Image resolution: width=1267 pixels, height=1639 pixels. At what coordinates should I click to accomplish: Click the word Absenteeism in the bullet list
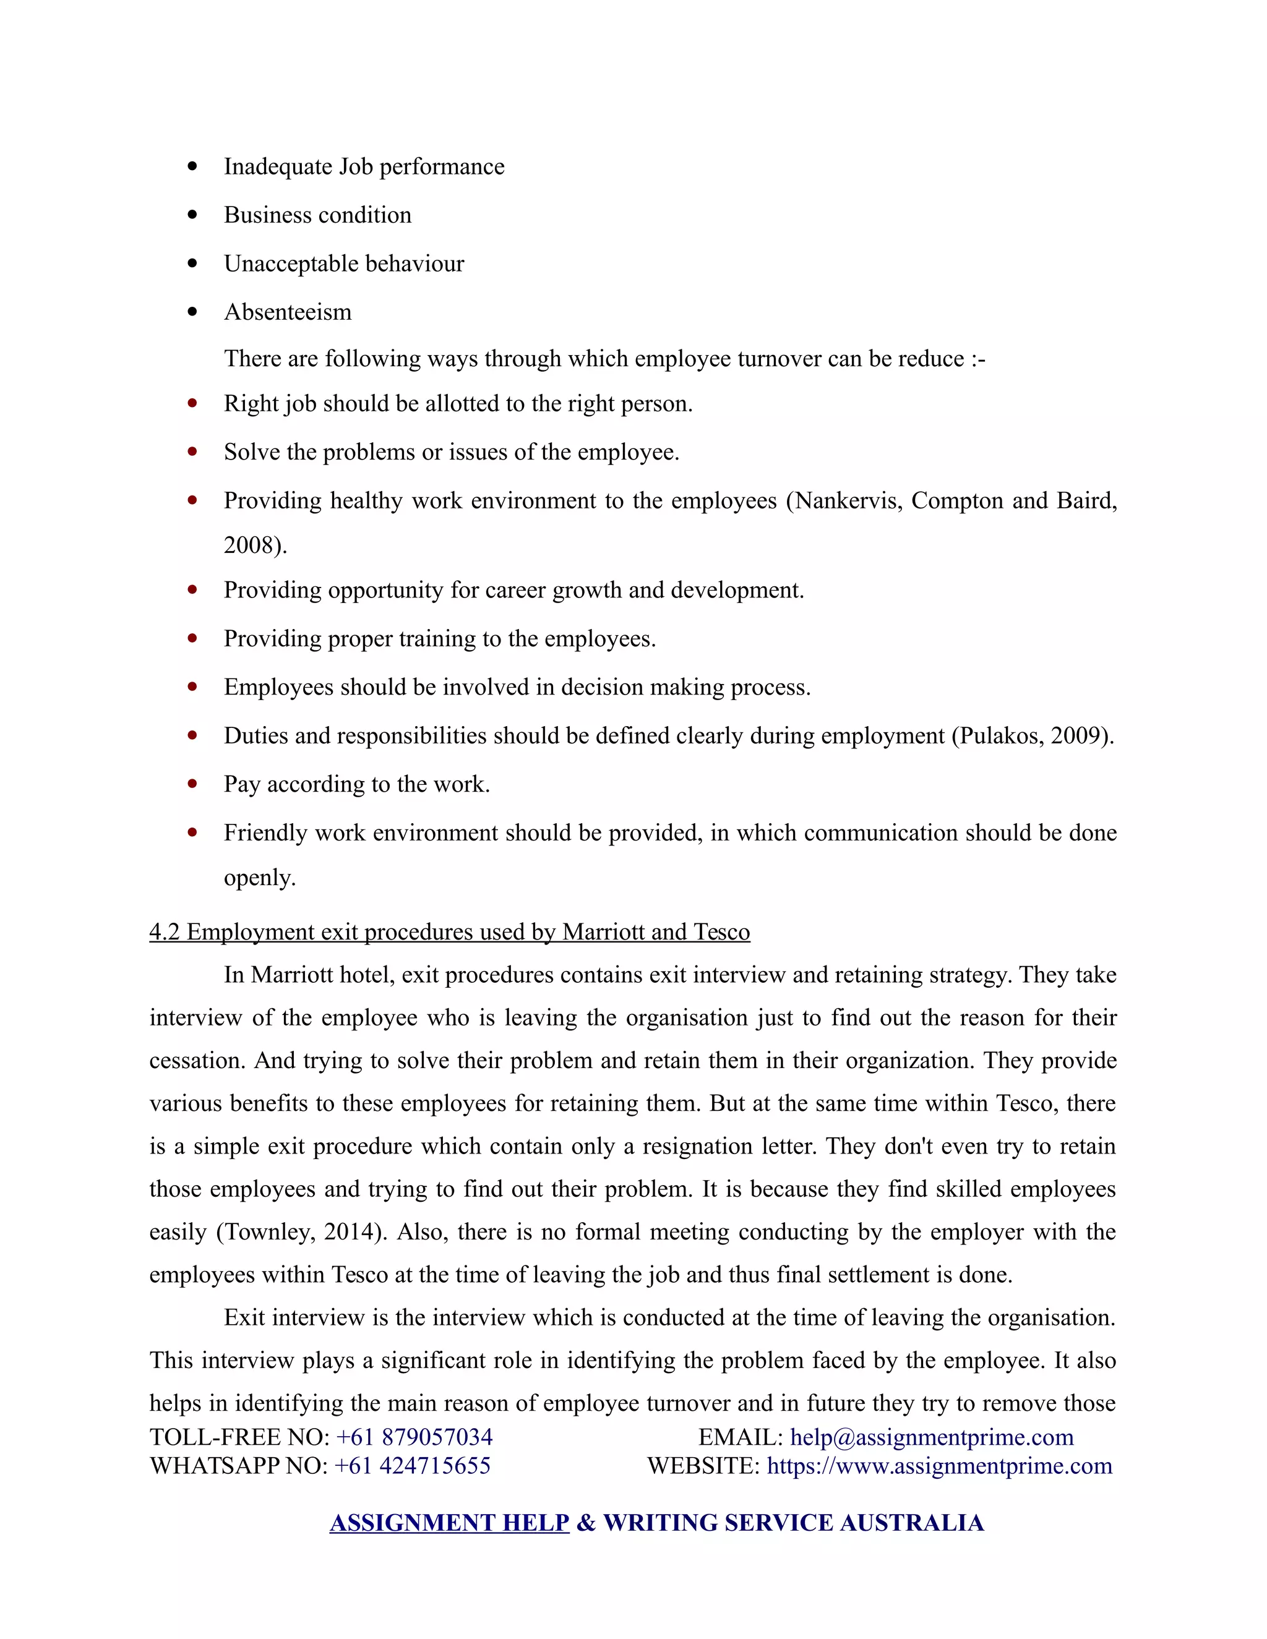(288, 312)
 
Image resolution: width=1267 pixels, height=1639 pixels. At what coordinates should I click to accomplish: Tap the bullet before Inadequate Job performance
(193, 166)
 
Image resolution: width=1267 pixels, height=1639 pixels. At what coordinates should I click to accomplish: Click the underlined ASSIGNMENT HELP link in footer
(449, 1522)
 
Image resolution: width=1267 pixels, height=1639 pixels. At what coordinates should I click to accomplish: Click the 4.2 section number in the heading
(165, 931)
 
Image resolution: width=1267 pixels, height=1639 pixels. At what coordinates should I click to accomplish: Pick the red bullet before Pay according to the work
(193, 784)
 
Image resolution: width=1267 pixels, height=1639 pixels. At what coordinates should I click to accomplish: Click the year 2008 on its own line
(249, 545)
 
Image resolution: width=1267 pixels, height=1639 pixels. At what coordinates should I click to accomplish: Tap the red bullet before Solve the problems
(193, 451)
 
